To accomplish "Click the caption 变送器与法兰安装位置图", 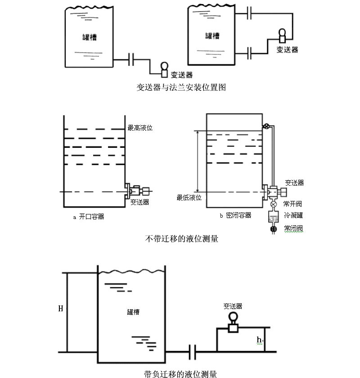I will (x=181, y=87).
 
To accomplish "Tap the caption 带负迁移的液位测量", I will (x=180, y=373).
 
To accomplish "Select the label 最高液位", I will (x=140, y=128).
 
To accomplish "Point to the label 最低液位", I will (x=189, y=197).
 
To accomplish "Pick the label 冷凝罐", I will (x=293, y=216).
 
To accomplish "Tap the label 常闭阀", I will (x=293, y=229).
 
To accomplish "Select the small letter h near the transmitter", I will (x=260, y=339).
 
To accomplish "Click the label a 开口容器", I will (x=89, y=217).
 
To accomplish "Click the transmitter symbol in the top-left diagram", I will (x=165, y=69).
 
